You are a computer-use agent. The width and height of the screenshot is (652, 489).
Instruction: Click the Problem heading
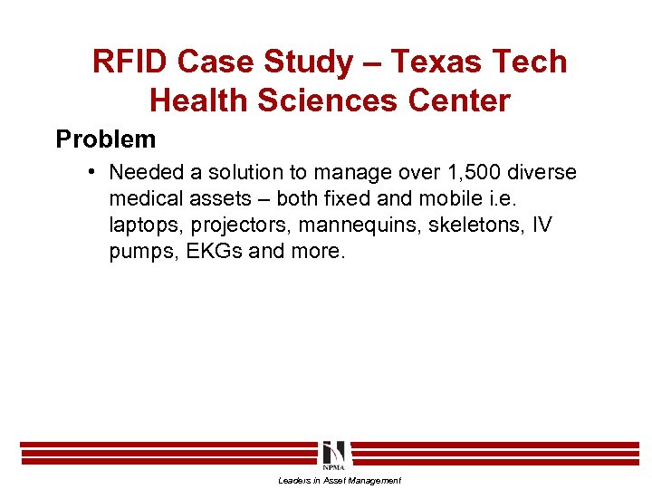pyautogui.click(x=106, y=139)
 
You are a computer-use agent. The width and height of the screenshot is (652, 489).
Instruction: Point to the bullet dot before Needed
pyautogui.click(x=94, y=170)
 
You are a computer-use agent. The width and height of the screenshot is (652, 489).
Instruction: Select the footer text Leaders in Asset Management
pyautogui.click(x=340, y=481)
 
